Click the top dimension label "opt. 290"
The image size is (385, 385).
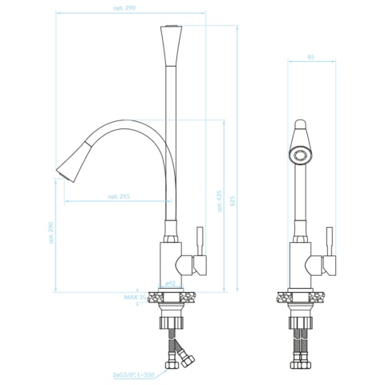click(x=124, y=8)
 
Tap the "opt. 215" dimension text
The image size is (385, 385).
click(x=119, y=197)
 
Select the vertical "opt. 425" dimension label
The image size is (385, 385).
click(x=220, y=201)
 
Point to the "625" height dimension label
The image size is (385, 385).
click(x=233, y=201)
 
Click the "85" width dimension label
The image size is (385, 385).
click(x=311, y=57)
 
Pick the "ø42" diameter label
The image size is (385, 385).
click(x=170, y=283)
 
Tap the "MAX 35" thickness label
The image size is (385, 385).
click(x=135, y=298)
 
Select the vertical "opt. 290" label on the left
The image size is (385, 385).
click(x=51, y=233)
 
